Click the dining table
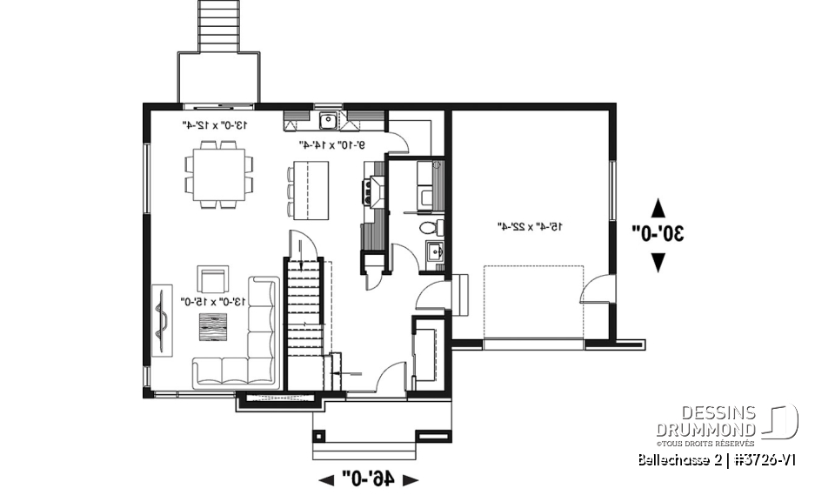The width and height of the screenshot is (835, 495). coord(218,174)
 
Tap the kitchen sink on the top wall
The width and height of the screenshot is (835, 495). coord(329,120)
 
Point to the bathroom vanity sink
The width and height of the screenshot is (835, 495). coord(435,253)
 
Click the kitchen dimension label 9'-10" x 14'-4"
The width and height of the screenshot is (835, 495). coord(331,144)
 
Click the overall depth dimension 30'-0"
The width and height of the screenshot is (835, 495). coord(658,233)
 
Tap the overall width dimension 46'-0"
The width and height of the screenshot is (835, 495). coord(369,478)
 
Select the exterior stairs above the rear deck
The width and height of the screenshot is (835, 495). coord(217,24)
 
